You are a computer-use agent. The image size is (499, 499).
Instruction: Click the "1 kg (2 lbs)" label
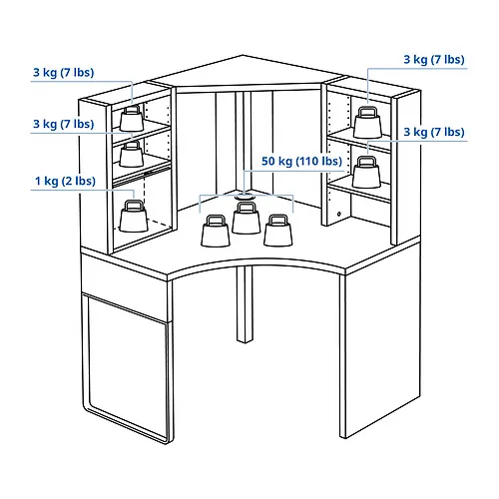point(65,181)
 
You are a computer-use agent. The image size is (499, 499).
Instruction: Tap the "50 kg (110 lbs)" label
point(301,161)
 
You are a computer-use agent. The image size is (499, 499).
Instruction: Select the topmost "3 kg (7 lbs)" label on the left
point(64,72)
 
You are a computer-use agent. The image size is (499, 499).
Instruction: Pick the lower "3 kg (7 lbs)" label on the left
point(64,124)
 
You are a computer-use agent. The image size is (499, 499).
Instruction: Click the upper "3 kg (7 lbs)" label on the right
point(434,60)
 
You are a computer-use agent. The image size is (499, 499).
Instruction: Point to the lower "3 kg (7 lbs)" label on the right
point(434,132)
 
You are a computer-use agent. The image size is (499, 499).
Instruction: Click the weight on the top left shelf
point(132,119)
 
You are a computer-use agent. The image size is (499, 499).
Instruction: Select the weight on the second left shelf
point(132,154)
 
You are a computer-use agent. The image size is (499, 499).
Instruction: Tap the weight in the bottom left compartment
point(134,216)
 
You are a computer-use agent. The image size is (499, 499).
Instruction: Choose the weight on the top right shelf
point(367,122)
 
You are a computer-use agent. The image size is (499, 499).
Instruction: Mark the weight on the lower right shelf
point(366,172)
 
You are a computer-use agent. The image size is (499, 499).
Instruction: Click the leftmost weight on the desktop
point(216,231)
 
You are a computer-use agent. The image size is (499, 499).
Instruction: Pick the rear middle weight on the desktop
point(246,218)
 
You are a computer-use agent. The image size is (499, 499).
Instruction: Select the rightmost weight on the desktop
point(278,231)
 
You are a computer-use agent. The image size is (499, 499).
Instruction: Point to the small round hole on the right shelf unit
point(339,214)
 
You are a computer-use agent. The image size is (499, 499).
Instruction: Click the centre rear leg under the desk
point(245,304)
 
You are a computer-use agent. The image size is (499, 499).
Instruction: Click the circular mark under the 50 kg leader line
point(246,197)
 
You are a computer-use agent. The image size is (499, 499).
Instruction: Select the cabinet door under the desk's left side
point(128,367)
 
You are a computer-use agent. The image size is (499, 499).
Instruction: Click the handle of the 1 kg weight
point(134,206)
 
